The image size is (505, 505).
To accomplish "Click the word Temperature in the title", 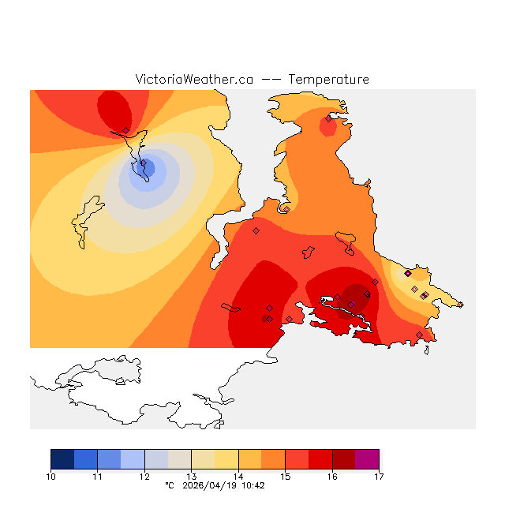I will click(x=328, y=80).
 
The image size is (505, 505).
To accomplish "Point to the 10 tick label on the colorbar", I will click(x=51, y=477).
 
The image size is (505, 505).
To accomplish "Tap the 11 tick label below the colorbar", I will click(x=98, y=477).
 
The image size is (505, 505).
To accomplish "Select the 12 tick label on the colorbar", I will click(x=144, y=477).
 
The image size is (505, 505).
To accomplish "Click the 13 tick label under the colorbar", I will click(x=192, y=477).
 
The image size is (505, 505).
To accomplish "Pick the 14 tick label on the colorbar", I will click(x=238, y=477).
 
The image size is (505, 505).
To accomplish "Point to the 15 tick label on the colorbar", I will click(x=285, y=477).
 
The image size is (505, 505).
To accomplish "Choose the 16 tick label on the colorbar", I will click(x=332, y=477).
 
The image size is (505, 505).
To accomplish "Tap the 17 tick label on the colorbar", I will click(x=379, y=477).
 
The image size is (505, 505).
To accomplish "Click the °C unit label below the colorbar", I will click(x=169, y=486).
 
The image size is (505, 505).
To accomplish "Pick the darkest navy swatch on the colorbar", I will click(x=62, y=459).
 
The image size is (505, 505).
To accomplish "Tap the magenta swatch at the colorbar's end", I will click(x=367, y=459).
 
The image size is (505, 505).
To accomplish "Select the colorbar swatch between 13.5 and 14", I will click(x=226, y=459).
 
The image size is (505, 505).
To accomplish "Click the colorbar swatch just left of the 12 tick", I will click(x=133, y=459).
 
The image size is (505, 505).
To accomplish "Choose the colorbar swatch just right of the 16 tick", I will click(x=343, y=459).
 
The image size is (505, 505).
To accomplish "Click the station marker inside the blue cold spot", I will click(x=143, y=163).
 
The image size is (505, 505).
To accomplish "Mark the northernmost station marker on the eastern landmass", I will click(x=328, y=119).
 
